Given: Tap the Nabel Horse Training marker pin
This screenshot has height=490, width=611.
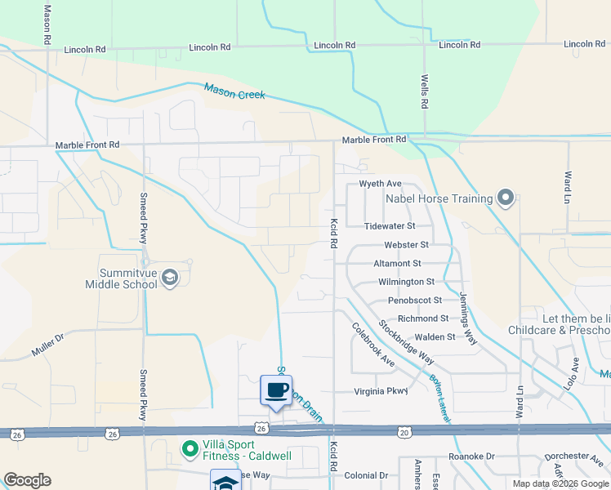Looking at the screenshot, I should pyautogui.click(x=506, y=198).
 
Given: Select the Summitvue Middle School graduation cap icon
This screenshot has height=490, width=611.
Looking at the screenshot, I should pyautogui.click(x=170, y=278).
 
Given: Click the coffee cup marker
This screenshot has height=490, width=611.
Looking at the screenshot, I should pyautogui.click(x=276, y=390).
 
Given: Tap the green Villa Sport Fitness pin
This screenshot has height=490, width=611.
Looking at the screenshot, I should pyautogui.click(x=190, y=448).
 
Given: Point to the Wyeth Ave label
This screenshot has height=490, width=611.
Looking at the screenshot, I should pyautogui.click(x=381, y=184).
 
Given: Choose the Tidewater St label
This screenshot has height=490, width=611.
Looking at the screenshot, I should pyautogui.click(x=390, y=225).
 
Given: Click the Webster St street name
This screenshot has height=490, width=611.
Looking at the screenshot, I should pyautogui.click(x=407, y=245).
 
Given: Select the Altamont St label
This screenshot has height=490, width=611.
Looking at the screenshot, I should pyautogui.click(x=396, y=264).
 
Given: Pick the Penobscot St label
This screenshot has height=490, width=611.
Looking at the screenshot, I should pyautogui.click(x=415, y=301).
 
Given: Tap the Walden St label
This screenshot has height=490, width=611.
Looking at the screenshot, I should pyautogui.click(x=435, y=336).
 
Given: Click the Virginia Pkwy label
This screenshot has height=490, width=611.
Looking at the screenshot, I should pyautogui.click(x=381, y=391).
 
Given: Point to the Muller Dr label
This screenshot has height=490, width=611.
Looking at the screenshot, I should pyautogui.click(x=47, y=345).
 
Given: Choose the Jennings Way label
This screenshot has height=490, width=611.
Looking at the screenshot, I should pyautogui.click(x=467, y=318).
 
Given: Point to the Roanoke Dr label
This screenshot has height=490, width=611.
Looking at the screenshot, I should pyautogui.click(x=472, y=456).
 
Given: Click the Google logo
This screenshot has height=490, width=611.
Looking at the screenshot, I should pyautogui.click(x=27, y=480).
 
